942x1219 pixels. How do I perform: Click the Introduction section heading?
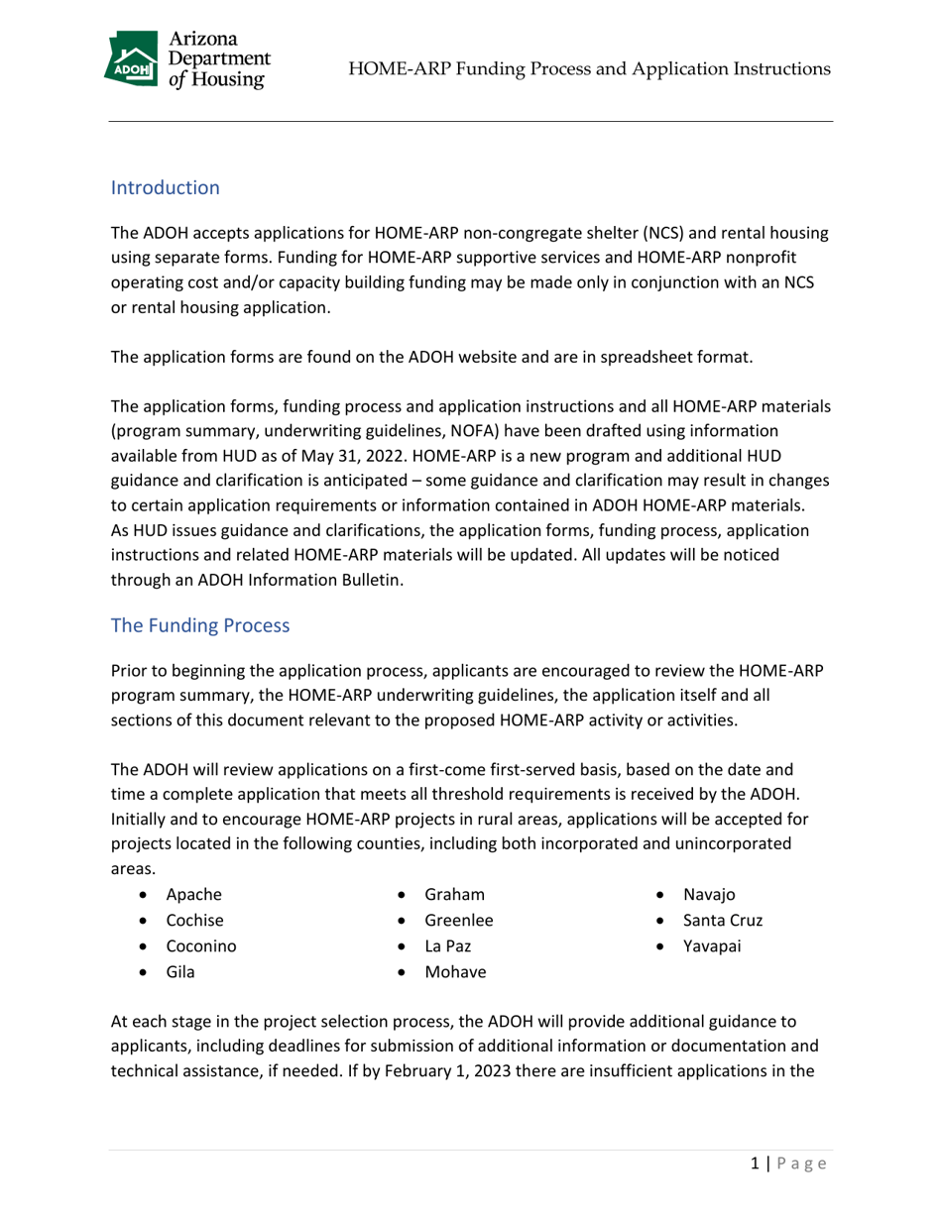(165, 187)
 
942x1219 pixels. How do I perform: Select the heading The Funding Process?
(200, 626)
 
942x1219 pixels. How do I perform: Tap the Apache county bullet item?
(193, 895)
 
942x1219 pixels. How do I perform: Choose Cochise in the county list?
(195, 921)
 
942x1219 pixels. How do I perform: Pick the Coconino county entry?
(201, 946)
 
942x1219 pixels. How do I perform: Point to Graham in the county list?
(454, 895)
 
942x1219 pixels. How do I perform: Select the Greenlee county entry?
(458, 921)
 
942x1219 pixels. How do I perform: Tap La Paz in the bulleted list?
(447, 946)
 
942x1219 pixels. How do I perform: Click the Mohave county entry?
(455, 972)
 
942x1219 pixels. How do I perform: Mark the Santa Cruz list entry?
(723, 921)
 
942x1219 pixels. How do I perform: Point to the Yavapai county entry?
(712, 946)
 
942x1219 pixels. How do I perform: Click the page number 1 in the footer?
(754, 1164)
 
